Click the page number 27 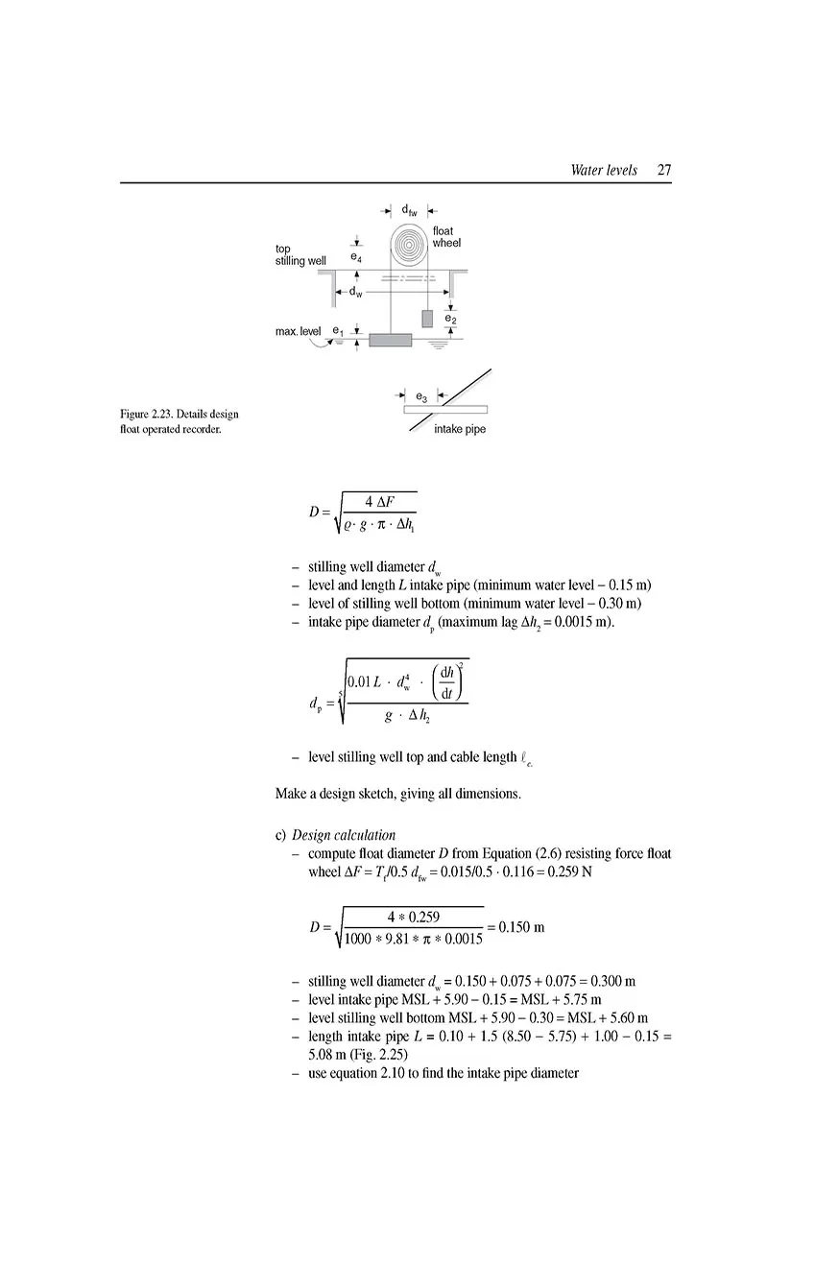point(664,171)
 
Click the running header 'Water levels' point(603,171)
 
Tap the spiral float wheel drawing point(409,244)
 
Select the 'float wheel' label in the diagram point(445,237)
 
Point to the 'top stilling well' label point(300,254)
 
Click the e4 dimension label point(355,257)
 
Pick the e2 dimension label point(450,318)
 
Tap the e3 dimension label point(421,395)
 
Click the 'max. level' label point(298,331)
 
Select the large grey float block point(390,340)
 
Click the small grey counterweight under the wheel point(427,319)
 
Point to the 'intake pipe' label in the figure point(460,429)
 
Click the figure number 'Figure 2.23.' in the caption point(147,414)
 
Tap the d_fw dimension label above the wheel point(409,210)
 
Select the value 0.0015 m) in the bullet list point(586,622)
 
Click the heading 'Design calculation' point(344,835)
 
